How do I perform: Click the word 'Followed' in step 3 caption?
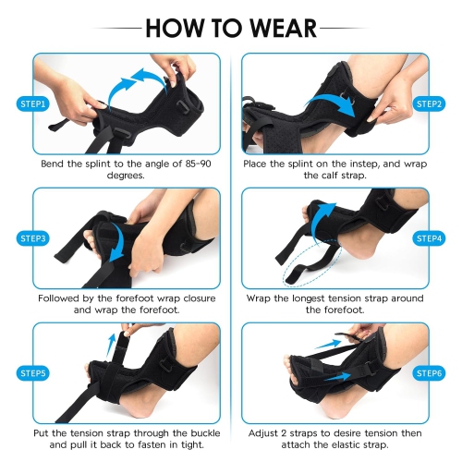pos(63,298)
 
